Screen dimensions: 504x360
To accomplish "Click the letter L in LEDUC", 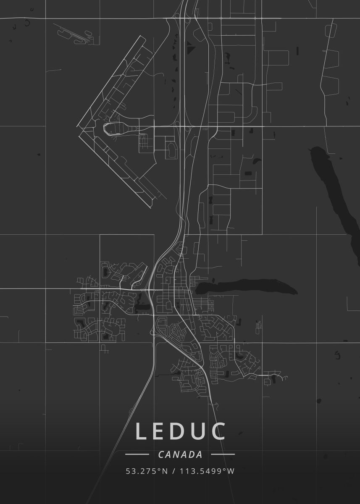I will coord(142,432).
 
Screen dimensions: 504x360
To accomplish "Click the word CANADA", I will coord(180,454).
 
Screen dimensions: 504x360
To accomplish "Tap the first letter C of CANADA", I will coord(161,454).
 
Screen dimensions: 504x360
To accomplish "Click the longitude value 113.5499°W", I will coord(207,471).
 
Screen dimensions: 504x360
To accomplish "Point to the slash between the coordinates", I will coord(173,471).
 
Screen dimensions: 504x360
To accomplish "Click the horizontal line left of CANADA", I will coord(137,454).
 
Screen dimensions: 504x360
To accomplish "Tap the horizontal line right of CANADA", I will coord(223,454).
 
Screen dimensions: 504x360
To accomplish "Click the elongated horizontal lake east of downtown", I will coord(246,288).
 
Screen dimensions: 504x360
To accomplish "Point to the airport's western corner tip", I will coord(77,126).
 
